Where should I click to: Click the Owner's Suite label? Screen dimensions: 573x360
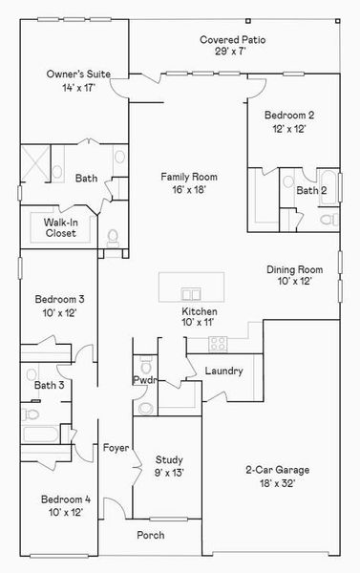pos(73,73)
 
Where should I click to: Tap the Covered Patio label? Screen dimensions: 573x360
pos(232,40)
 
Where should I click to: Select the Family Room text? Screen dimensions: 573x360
pos(188,177)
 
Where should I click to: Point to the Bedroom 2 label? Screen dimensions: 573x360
pos(286,116)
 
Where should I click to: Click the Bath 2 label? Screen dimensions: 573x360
pos(309,191)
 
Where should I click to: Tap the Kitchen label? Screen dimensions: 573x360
pos(200,312)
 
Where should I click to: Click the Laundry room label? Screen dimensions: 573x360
pos(224,371)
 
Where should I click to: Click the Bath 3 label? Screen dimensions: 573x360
pos(49,386)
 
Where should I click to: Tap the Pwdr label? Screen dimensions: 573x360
pos(144,380)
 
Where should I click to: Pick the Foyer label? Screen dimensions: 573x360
pos(116,447)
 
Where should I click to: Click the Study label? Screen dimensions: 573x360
pos(169,459)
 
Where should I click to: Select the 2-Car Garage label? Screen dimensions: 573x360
pos(277,470)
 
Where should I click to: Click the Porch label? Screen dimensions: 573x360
pos(150,535)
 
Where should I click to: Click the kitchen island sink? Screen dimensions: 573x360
pos(191,294)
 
